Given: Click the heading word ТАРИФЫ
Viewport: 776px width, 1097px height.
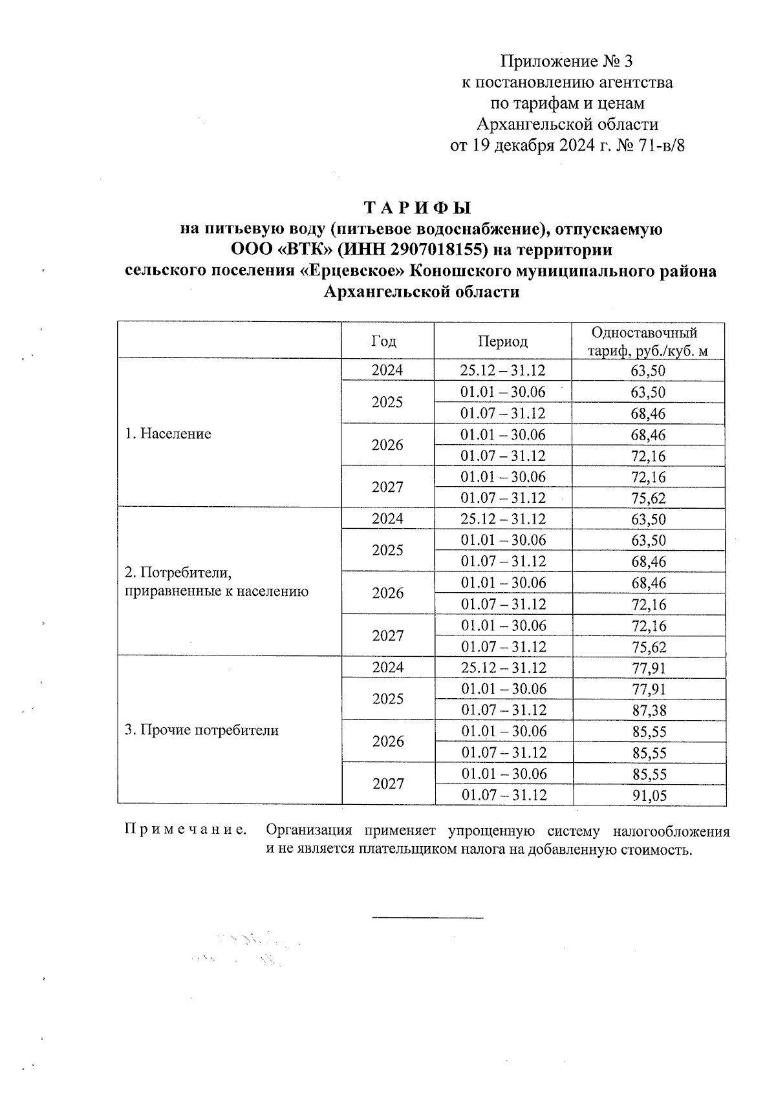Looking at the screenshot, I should [418, 208].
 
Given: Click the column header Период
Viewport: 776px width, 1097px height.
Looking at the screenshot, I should [503, 341].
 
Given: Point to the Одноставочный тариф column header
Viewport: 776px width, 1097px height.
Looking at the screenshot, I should [647, 341].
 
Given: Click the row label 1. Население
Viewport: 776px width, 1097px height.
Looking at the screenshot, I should [168, 433].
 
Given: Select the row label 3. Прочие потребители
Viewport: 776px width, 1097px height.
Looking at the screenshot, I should [202, 730].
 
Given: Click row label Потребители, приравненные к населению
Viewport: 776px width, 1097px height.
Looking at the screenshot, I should [216, 582].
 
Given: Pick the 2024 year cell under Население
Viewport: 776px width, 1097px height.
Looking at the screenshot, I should [387, 370].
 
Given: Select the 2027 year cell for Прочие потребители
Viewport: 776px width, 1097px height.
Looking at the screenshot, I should [388, 784].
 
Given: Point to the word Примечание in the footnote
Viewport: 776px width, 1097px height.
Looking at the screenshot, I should [185, 830].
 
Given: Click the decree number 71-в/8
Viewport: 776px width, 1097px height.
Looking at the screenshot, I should [660, 145].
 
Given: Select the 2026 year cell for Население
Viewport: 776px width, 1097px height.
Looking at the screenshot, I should [388, 445].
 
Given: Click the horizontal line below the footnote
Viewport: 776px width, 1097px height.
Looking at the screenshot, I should [427, 918].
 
